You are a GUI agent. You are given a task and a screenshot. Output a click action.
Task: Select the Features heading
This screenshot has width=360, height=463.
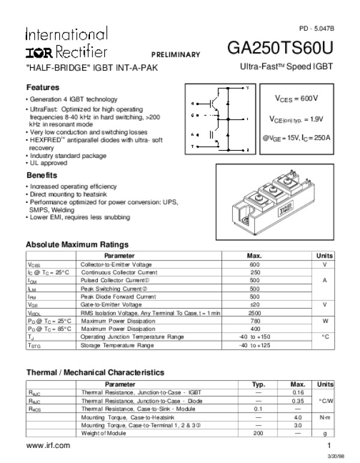43,87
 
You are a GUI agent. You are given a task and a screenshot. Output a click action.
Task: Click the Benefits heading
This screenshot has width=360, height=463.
42,175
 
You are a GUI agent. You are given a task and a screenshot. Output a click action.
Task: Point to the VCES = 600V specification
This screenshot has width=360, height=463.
296,98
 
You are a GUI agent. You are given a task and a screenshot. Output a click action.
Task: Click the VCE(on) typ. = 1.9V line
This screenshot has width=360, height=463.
296,118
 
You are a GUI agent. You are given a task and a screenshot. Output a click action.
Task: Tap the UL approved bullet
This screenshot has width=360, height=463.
49,163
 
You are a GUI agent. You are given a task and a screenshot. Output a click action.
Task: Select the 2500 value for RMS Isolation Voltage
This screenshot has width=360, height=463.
254,313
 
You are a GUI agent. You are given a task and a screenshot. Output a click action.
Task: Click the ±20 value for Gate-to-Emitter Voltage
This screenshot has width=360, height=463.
254,305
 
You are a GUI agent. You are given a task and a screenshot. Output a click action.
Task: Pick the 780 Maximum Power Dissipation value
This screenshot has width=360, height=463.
254,321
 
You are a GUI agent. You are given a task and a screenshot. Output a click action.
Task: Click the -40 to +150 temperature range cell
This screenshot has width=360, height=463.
254,337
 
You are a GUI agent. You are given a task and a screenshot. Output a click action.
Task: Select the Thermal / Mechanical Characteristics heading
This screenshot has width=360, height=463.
95,372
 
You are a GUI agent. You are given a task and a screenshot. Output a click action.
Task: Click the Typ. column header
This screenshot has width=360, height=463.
259,384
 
